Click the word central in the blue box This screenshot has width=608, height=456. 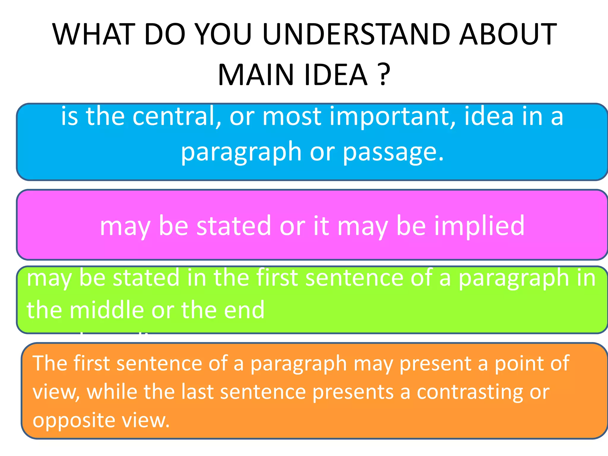tap(177, 116)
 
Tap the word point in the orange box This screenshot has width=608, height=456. tap(515, 363)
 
